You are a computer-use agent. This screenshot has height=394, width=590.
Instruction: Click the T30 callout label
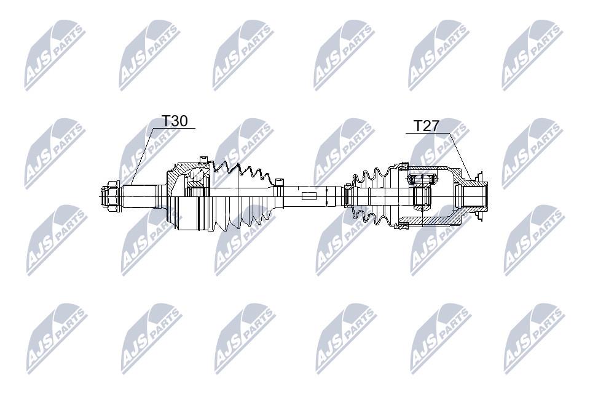(x=174, y=121)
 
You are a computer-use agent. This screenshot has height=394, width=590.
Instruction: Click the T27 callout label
(x=426, y=126)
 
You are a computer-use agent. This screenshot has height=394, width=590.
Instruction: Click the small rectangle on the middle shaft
(x=309, y=196)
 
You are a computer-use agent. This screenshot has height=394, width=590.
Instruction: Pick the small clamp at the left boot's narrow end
(x=279, y=182)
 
